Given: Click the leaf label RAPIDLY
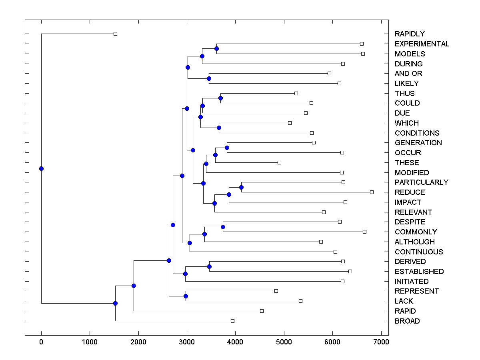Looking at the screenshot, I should (410, 34).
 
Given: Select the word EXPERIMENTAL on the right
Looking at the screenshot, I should (422, 44).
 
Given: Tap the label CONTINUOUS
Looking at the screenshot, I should (419, 252).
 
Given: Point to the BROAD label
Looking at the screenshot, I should (407, 321).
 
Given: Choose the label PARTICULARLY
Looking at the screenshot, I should (422, 182).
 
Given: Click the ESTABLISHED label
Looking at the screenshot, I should (419, 272).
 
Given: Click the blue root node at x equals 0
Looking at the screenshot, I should (41, 168).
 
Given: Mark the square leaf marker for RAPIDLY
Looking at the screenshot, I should (115, 34).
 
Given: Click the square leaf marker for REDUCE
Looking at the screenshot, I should (372, 192).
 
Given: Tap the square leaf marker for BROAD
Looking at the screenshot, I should (232, 321).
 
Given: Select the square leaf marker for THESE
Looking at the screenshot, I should (279, 162).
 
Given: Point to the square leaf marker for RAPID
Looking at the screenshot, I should (262, 311).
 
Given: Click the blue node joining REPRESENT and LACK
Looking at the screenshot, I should (186, 296).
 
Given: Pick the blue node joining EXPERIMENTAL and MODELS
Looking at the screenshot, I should (216, 49).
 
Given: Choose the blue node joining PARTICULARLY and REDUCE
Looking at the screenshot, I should (241, 187).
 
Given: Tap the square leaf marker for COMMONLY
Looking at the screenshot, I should (364, 232).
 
